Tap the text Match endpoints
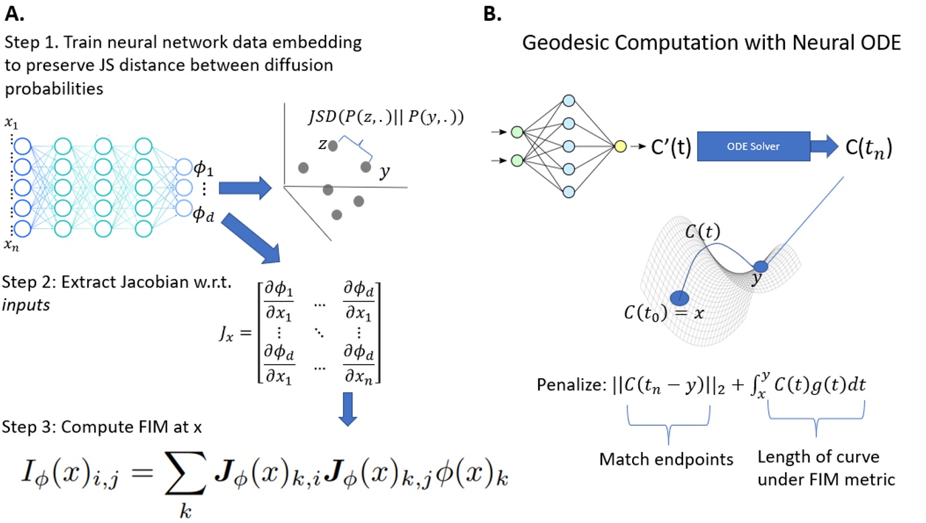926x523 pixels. [x=666, y=459]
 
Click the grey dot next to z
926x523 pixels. [x=333, y=144]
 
